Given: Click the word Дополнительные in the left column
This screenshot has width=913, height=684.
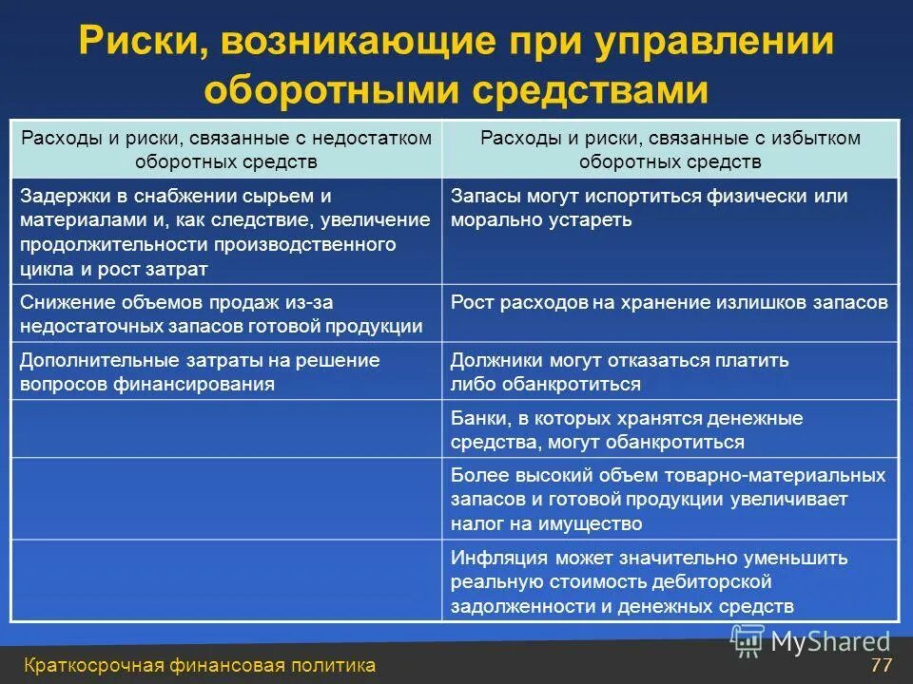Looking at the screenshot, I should click(89, 361).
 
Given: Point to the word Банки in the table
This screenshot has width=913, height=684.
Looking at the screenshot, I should click(477, 419).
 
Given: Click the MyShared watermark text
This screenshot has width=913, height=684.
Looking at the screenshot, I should click(830, 642).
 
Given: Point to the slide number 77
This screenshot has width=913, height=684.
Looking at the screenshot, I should click(881, 665).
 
